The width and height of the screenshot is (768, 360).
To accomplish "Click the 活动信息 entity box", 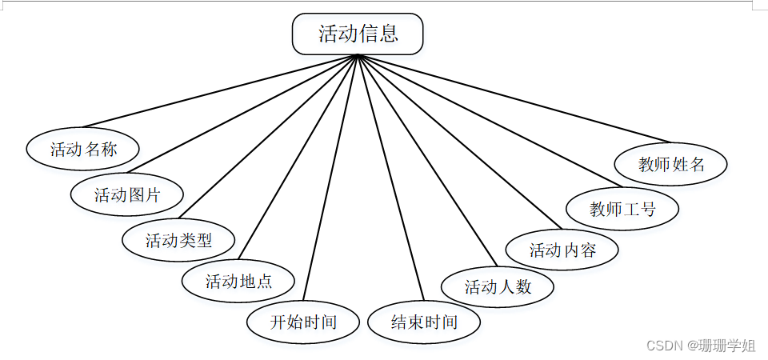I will click(x=358, y=34).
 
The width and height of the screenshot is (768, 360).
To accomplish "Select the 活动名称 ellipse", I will click(x=83, y=149).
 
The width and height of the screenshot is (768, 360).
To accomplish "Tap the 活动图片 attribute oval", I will click(x=127, y=194).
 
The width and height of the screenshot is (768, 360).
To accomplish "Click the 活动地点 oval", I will click(x=238, y=282).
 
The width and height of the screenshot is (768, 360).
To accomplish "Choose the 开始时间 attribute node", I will click(x=303, y=322).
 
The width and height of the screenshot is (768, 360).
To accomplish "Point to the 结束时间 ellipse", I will click(x=424, y=322).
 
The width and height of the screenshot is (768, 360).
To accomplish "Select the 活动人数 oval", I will click(x=498, y=286).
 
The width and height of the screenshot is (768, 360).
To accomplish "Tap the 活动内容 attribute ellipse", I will click(x=562, y=250).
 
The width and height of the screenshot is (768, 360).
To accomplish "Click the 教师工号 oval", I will click(x=622, y=209).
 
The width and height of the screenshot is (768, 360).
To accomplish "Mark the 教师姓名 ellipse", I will click(x=671, y=164).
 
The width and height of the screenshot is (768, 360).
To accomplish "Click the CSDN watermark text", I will click(x=663, y=346).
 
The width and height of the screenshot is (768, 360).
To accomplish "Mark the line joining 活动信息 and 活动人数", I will click(x=428, y=160).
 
